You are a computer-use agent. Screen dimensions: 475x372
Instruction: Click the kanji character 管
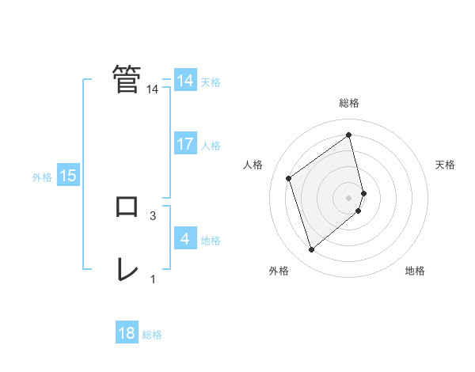(x=127, y=79)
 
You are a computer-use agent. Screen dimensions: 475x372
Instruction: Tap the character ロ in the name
(x=127, y=207)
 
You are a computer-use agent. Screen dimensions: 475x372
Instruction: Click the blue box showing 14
(x=185, y=81)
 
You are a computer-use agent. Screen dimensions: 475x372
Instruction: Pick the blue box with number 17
(x=185, y=144)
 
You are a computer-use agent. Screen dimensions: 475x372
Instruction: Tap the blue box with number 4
(x=185, y=239)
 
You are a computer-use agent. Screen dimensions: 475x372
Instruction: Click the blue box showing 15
(x=68, y=176)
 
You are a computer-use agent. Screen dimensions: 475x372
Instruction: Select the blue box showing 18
(x=127, y=333)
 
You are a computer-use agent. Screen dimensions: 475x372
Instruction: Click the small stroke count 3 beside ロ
(x=152, y=215)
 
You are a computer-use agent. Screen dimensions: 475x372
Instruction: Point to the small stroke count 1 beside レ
(x=153, y=279)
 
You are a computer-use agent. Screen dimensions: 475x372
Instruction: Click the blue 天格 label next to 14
(x=211, y=82)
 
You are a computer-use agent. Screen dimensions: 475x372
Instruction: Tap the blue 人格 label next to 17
(x=211, y=145)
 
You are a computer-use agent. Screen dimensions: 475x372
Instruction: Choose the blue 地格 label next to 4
(x=211, y=240)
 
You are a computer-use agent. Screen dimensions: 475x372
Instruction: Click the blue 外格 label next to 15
(x=42, y=177)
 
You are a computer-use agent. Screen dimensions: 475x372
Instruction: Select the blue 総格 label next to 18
(x=152, y=335)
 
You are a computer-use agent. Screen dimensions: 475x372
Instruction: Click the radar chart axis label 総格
(x=349, y=103)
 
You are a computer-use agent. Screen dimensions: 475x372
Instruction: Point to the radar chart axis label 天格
(x=445, y=165)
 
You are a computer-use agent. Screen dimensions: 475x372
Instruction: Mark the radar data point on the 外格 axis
(x=311, y=250)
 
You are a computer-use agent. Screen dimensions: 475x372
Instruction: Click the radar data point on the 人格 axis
(x=289, y=178)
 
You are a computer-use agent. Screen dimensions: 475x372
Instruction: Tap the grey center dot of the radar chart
(x=349, y=197)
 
